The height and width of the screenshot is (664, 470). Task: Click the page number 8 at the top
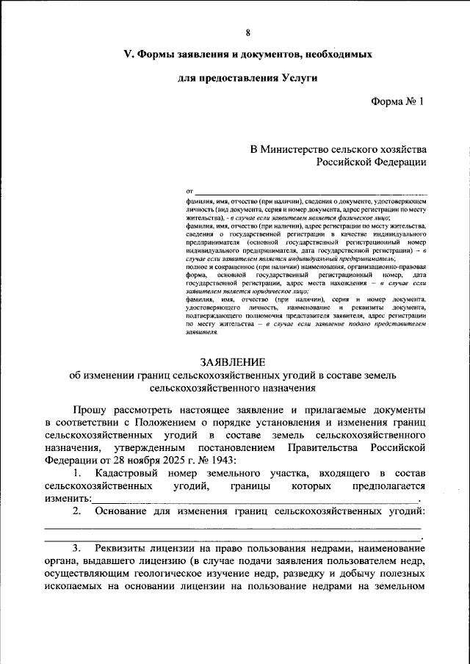pyautogui.click(x=247, y=32)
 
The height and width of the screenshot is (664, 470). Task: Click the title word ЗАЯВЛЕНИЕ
pyautogui.click(x=236, y=361)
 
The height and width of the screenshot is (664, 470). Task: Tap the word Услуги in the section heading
pyautogui.click(x=297, y=77)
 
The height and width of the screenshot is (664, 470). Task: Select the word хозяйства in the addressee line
pyautogui.click(x=399, y=148)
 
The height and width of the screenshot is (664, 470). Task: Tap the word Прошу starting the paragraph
pyautogui.click(x=90, y=408)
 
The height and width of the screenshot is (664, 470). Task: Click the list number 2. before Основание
pyautogui.click(x=78, y=511)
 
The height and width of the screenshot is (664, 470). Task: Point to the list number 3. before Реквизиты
pyautogui.click(x=78, y=549)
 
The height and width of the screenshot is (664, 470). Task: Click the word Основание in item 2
pyautogui.click(x=123, y=511)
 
